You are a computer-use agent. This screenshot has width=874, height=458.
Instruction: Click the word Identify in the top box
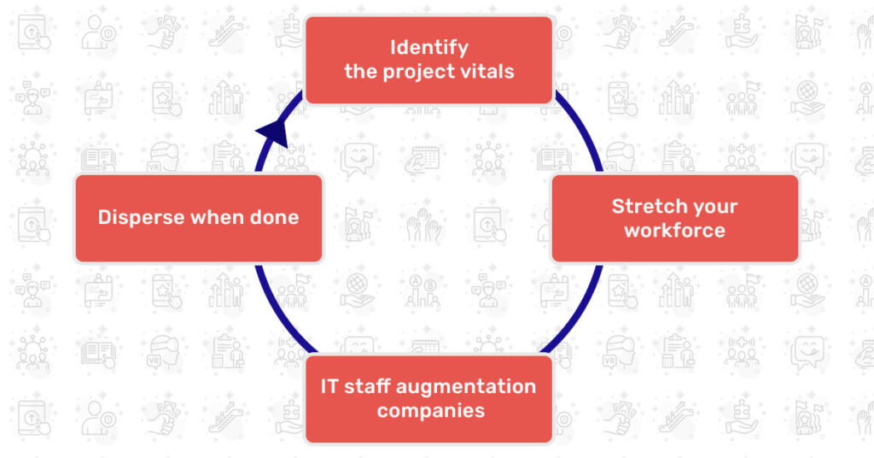pos(429,47)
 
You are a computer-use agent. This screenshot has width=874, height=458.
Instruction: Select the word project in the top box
pos(411,71)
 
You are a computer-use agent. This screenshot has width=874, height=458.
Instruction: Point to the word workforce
pos(674,231)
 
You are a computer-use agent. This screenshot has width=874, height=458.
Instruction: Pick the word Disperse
pos(141,217)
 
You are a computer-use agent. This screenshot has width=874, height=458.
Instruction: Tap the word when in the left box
pos(216,217)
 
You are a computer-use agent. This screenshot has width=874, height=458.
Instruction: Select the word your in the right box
pos(715,206)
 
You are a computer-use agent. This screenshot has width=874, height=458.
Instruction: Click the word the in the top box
pos(358,71)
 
